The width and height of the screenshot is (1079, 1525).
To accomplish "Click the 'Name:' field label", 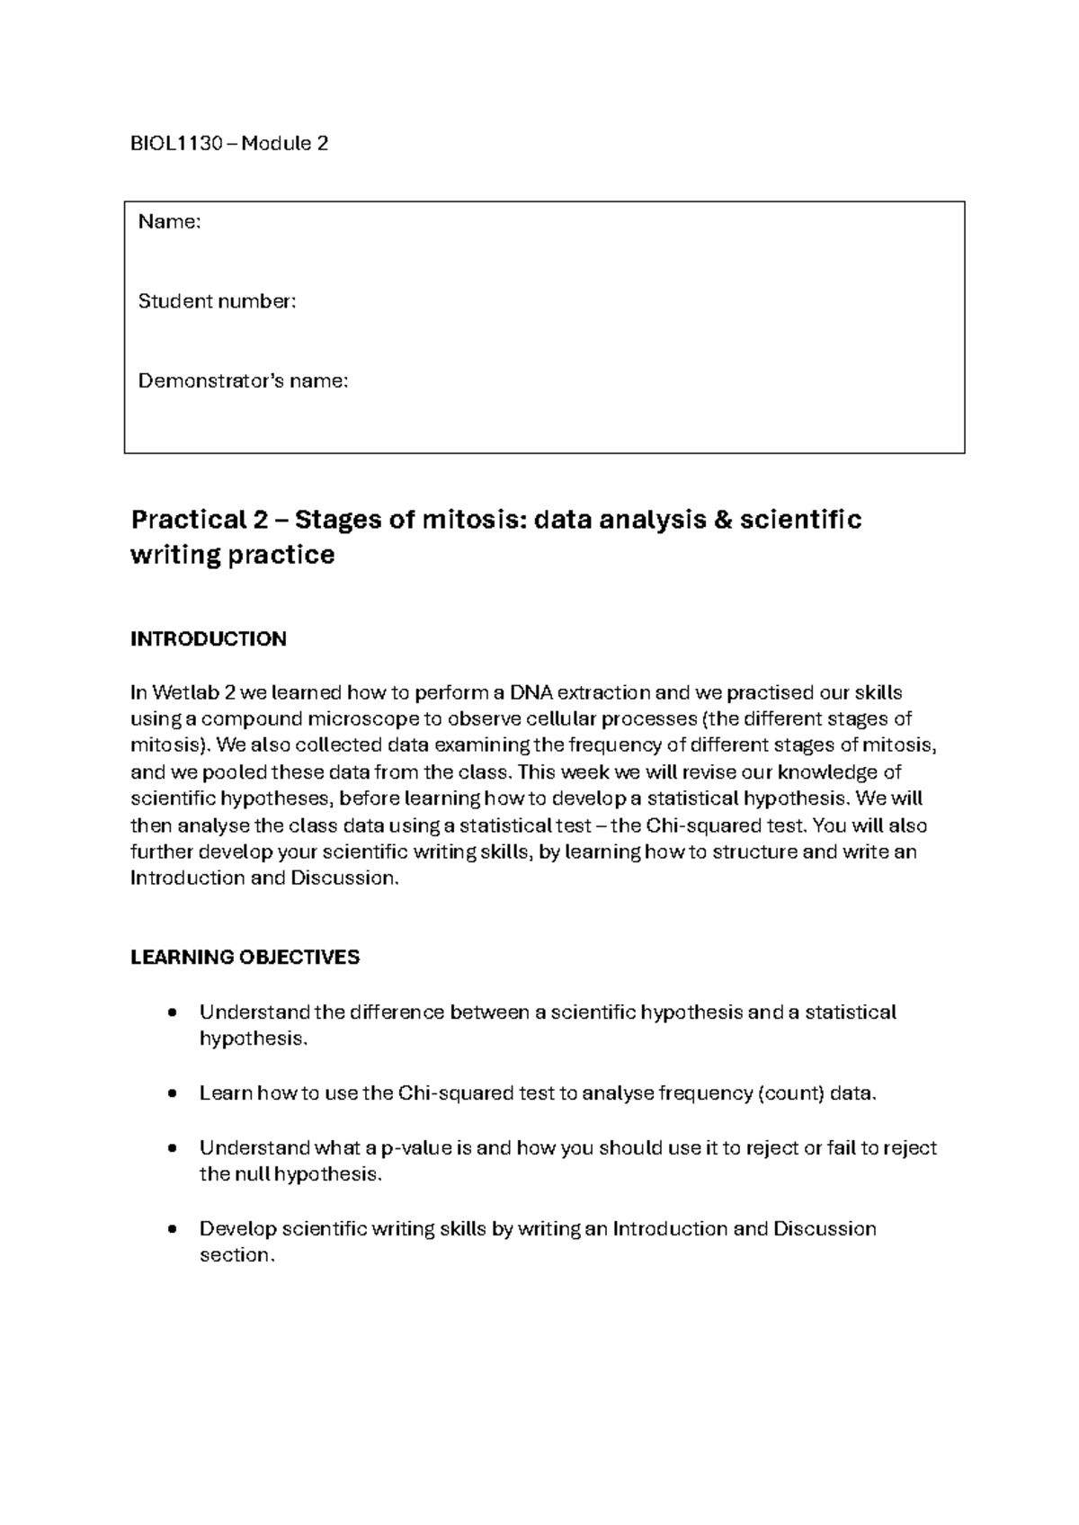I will point(169,222).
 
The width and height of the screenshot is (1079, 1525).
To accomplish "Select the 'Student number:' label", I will point(217,301).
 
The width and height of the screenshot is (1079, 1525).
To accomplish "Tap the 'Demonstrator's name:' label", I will point(243,381).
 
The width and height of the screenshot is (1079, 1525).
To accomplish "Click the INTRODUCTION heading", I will point(209,639).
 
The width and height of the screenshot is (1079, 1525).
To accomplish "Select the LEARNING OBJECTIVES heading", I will point(245,958).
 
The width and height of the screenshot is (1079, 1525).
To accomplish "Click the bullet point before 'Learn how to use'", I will point(171,1094).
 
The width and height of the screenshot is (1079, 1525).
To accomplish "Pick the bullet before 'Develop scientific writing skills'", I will point(171,1230).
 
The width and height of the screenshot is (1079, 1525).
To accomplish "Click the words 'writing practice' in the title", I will point(232,555).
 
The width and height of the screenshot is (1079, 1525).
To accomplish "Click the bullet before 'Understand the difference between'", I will point(171,1013).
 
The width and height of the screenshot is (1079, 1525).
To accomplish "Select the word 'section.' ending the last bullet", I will point(236,1255).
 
